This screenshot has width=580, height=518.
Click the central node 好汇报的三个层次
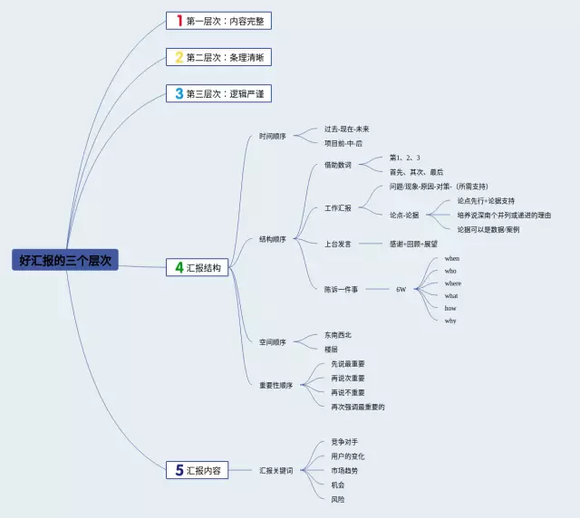point(65,259)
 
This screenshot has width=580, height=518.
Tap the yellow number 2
point(179,57)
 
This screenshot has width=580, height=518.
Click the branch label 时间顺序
point(272,137)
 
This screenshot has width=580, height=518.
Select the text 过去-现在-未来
point(346,129)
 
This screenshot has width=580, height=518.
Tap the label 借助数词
point(337,165)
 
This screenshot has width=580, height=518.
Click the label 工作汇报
point(337,207)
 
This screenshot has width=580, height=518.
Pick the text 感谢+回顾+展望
point(412,244)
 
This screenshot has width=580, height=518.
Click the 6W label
point(401,289)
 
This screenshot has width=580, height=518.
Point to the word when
point(451,259)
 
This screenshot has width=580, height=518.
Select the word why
point(450,321)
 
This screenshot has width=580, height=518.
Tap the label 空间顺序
point(272,341)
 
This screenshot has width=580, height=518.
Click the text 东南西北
point(337,334)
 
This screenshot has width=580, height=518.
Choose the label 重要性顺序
point(275,385)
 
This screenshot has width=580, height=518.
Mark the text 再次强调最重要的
point(358,407)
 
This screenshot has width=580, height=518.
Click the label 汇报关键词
point(275,470)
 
